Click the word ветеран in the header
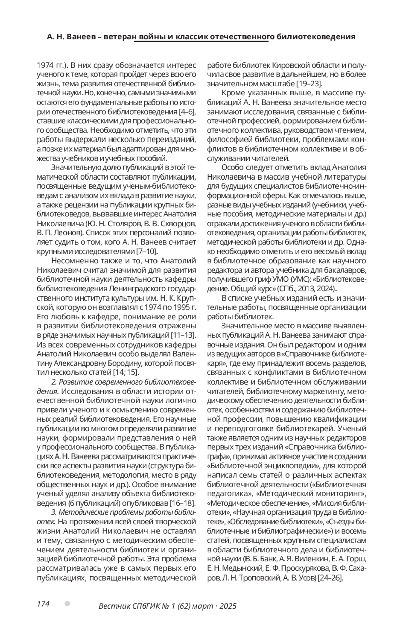tap(119, 37)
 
